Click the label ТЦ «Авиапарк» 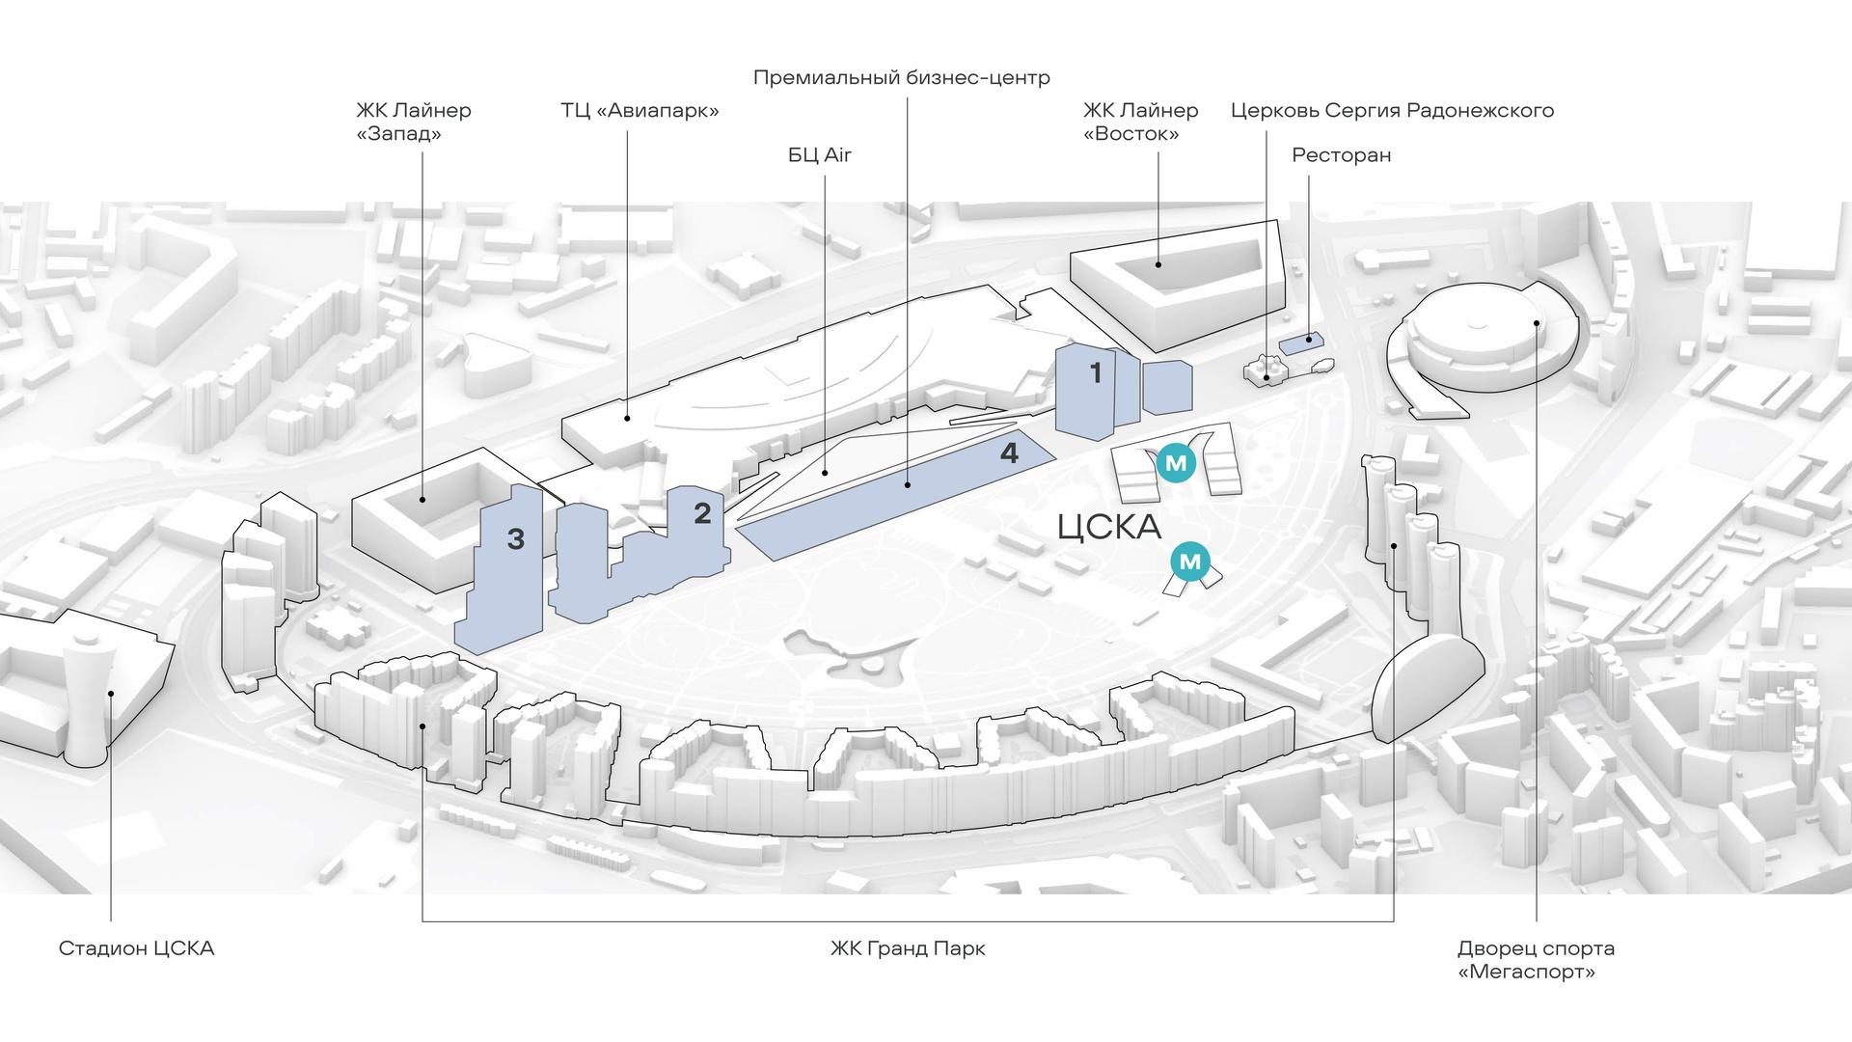coord(640,110)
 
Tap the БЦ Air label coord(819,154)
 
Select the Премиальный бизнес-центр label coord(901,77)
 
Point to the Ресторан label coord(1341,154)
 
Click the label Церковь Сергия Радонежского coord(1392,110)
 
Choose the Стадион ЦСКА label coord(136,947)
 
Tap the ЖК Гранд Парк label coord(908,947)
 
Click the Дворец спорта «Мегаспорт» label coord(1536,959)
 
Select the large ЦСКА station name coord(1109,527)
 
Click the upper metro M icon coord(1176,464)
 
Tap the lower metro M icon coord(1191,562)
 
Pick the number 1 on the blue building coord(1095,372)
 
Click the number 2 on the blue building coord(702,512)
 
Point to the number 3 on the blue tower coord(516,539)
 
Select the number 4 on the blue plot coord(1009,452)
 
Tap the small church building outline coord(1266,370)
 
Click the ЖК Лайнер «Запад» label coord(413,122)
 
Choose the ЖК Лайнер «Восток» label coord(1140,122)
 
